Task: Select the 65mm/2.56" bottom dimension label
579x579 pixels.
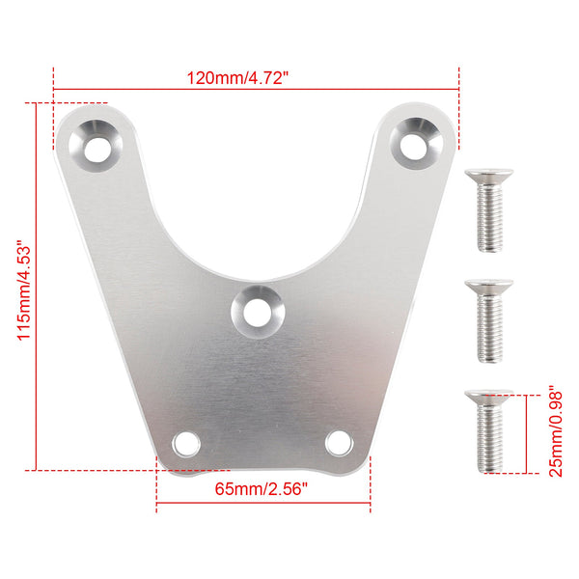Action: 262,489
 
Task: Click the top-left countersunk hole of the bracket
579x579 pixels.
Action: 97,147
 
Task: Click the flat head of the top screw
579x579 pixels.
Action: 487,176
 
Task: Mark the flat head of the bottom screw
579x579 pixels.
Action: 487,396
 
